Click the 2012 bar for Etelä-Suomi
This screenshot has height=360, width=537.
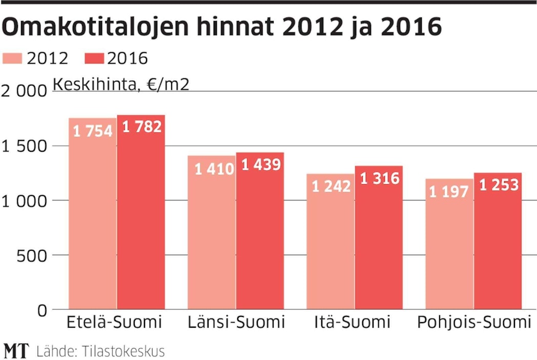coord(93,215)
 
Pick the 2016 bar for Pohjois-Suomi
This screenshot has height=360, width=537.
coord(498,244)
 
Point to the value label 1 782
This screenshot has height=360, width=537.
coord(141,127)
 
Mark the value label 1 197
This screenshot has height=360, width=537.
coord(449,192)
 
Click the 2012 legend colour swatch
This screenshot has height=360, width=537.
coord(13,58)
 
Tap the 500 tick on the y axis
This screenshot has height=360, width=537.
coord(32,255)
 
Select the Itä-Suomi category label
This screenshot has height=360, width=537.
coord(352,323)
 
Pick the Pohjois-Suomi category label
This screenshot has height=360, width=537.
coord(474,323)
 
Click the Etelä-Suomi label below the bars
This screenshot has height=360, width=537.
coord(114,323)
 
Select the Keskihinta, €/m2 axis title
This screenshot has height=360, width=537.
coord(121,84)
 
